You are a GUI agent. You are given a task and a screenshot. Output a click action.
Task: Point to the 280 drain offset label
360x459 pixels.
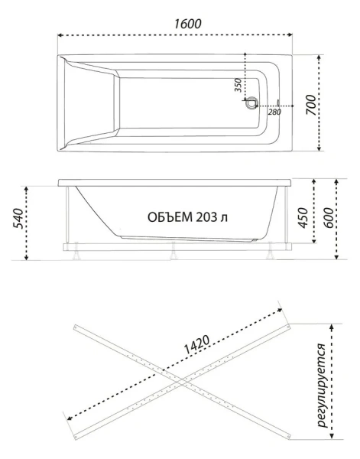[274, 112]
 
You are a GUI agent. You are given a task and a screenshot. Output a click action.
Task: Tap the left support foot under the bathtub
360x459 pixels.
[77, 249]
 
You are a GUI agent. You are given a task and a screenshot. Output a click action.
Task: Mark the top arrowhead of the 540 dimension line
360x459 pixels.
[27, 187]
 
